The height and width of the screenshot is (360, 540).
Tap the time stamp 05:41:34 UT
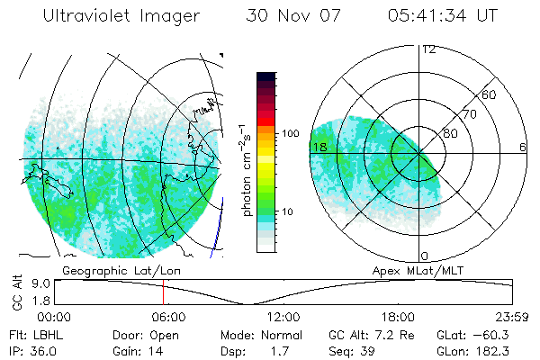pyautogui.click(x=444, y=16)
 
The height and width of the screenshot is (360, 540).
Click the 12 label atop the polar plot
pyautogui.click(x=428, y=49)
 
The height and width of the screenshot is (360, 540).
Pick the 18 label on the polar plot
pyautogui.click(x=319, y=147)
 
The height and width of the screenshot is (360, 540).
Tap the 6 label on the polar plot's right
pyautogui.click(x=523, y=147)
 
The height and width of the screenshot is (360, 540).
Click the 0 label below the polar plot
pyautogui.click(x=425, y=256)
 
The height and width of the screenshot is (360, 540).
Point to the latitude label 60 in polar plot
pyautogui.click(x=490, y=94)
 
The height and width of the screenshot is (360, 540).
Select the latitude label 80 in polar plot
pyautogui.click(x=450, y=133)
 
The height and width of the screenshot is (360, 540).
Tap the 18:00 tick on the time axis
pyautogui.click(x=398, y=317)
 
